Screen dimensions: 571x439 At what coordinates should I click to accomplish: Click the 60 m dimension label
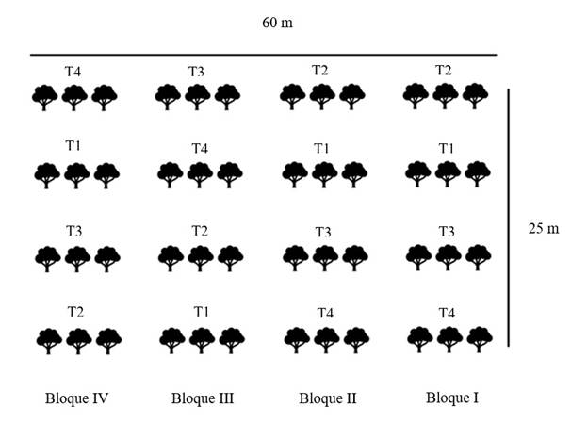click(277, 23)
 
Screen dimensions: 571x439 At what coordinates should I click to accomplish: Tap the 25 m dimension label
click(544, 228)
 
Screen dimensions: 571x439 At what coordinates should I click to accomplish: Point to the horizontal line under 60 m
click(263, 55)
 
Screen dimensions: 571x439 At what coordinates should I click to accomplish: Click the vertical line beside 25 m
click(509, 218)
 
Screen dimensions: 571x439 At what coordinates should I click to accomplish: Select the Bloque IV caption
click(76, 398)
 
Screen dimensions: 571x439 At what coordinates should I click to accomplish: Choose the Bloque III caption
click(203, 398)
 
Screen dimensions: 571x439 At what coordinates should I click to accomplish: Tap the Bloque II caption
click(328, 398)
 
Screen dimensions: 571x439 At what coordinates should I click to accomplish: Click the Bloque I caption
click(452, 398)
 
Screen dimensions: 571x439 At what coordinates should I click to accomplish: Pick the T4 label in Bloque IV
click(73, 72)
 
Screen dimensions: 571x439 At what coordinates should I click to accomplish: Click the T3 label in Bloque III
click(196, 72)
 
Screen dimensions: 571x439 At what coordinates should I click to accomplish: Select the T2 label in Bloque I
click(444, 70)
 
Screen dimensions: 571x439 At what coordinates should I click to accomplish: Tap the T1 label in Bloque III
click(201, 312)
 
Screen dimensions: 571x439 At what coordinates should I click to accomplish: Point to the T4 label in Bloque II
click(325, 313)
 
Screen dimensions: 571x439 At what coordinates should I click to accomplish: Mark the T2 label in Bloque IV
click(75, 312)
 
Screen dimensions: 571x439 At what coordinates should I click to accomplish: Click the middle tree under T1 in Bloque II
click(325, 174)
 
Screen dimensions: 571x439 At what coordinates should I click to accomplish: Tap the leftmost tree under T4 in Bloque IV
click(45, 98)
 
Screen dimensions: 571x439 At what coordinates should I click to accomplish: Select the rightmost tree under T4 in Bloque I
click(480, 340)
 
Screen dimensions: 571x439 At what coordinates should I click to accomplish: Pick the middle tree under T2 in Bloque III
click(201, 258)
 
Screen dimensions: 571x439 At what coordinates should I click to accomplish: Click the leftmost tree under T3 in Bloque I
click(418, 258)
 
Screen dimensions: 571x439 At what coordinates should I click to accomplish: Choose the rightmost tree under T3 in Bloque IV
click(107, 259)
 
